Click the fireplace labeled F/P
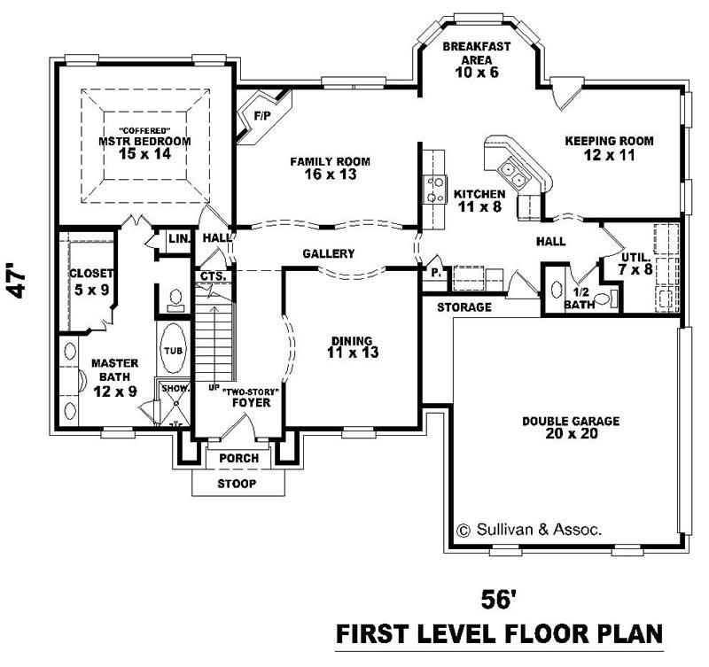point(261,115)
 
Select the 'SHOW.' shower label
point(172,388)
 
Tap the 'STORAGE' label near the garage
point(464,307)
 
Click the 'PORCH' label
point(238,458)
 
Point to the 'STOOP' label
point(238,484)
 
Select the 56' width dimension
point(498,600)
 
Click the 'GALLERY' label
point(328,254)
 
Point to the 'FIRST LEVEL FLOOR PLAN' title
point(499,633)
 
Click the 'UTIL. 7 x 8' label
point(635,261)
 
